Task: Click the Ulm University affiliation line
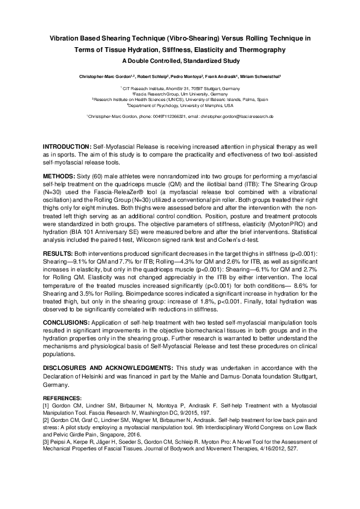point(180,94)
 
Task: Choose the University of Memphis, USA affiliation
point(180,104)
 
